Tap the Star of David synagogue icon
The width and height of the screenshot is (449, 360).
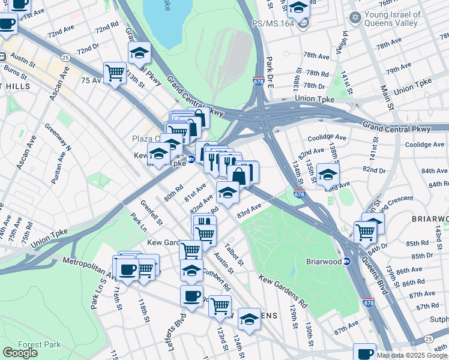pyautogui.click(x=355, y=17)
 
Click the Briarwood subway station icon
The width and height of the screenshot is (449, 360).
pyautogui.click(x=347, y=262)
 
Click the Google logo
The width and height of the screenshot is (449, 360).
pyautogui.click(x=20, y=353)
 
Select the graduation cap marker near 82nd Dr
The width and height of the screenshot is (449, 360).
pyautogui.click(x=328, y=175)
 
